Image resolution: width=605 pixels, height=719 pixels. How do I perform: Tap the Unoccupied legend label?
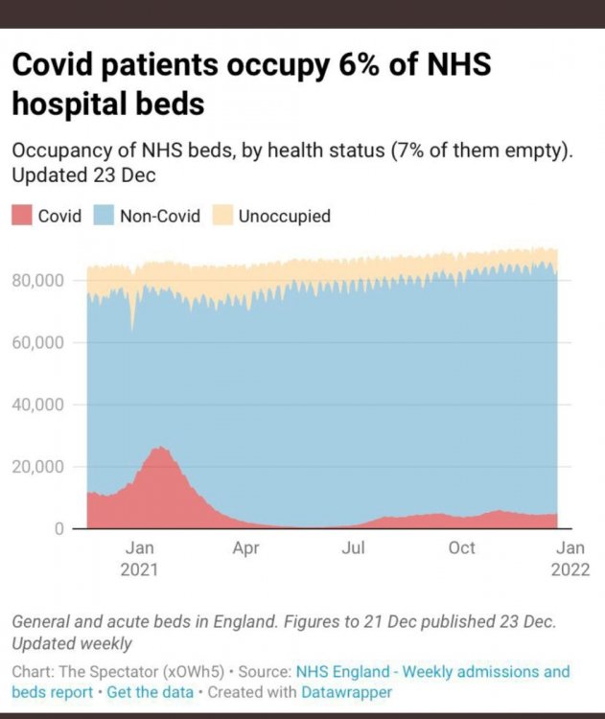[284, 216]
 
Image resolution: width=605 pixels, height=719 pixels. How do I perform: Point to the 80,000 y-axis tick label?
[38, 280]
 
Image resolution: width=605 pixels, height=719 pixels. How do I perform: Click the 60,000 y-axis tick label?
[38, 342]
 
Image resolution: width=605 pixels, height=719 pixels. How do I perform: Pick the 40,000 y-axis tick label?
[38, 405]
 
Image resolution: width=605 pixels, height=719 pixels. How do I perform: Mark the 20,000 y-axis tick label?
[38, 467]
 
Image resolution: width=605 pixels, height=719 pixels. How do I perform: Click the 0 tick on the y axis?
[58, 528]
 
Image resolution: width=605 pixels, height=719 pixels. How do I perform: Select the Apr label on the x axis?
[246, 548]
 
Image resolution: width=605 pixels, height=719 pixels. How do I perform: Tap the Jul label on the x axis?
[354, 548]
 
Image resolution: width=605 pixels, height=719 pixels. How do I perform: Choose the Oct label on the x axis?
[462, 548]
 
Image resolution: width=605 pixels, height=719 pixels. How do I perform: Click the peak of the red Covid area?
[161, 448]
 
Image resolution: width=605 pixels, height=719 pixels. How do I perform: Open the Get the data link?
[151, 691]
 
